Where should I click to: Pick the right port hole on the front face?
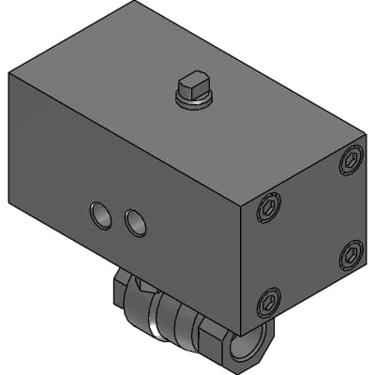pos(136,221)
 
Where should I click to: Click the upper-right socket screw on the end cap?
pos(352,160)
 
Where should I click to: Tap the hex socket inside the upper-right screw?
pos(352,160)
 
